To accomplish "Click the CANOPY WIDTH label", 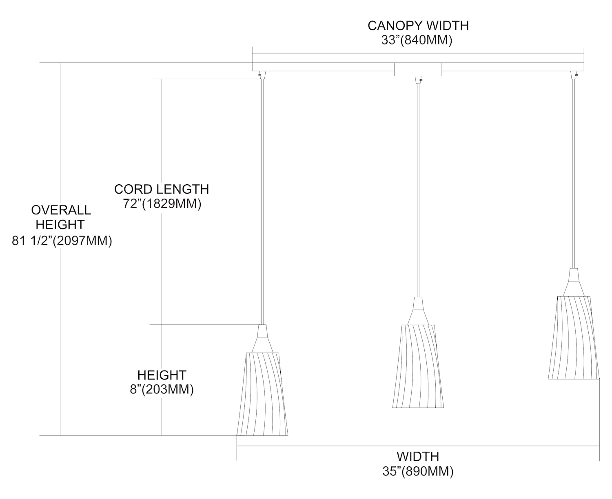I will pos(418,25).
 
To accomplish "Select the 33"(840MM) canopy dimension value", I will pos(417,40).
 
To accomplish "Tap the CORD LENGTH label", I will pos(162,189).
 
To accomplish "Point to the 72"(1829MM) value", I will pos(162,203).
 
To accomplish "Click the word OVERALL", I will pos(61,210).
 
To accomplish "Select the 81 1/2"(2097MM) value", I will pos(62,241).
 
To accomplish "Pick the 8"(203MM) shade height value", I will pos(162,389).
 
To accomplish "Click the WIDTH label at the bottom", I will pos(418,456).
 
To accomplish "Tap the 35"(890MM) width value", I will pos(418,471).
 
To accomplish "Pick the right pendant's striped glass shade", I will pos(574,337).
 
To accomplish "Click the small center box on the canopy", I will pos(418,69).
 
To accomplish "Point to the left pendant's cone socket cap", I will pos(262,338).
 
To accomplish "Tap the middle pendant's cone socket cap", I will pos(418,311).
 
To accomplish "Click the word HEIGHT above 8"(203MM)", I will pos(162,375).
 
